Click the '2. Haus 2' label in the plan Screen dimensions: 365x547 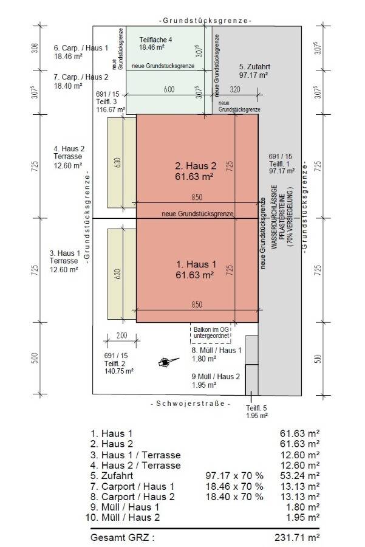(x=195, y=165)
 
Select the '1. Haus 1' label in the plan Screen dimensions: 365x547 (x=195, y=265)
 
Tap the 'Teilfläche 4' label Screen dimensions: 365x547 (x=156, y=39)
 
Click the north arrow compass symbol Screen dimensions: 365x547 (x=165, y=362)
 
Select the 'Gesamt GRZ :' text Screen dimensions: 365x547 (x=122, y=537)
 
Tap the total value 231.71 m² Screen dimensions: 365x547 (x=296, y=537)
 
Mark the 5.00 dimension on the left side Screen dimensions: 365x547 (x=35, y=359)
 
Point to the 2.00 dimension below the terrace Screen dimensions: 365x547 (x=121, y=335)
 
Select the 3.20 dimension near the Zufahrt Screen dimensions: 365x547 (x=235, y=90)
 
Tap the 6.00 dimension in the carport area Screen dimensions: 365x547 (x=169, y=90)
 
